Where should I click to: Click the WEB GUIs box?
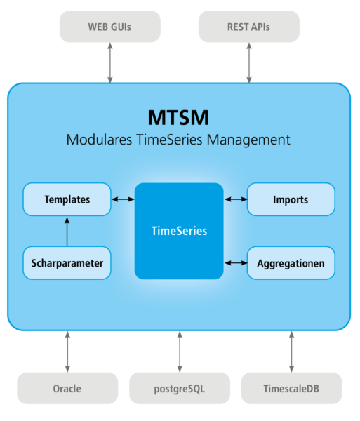(109, 27)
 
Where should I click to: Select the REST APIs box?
(248, 27)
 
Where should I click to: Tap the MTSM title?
(178, 116)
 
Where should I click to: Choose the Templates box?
(67, 199)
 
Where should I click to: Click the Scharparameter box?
(67, 263)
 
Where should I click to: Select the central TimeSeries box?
(179, 230)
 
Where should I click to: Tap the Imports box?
(291, 199)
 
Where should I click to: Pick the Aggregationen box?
(291, 263)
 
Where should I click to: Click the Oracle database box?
(67, 388)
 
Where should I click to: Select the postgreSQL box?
(179, 388)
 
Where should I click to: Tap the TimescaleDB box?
(291, 388)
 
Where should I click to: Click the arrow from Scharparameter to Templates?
(67, 232)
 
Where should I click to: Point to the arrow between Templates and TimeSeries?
(123, 199)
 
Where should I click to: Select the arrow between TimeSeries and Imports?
(236, 199)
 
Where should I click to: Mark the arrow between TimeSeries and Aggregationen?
(236, 263)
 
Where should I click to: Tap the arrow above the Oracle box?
(67, 351)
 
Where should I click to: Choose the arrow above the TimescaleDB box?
(291, 351)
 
